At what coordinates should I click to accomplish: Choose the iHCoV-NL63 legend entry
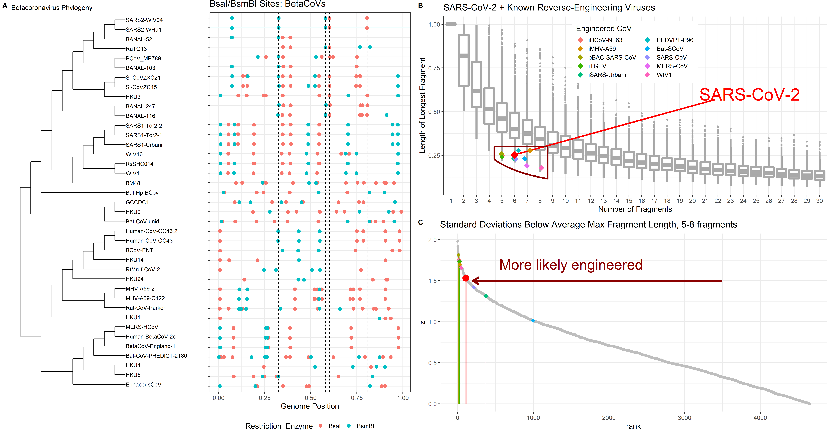[x=605, y=40]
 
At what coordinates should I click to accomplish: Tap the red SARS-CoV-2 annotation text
[x=749, y=95]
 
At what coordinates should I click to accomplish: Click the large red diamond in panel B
[x=514, y=155]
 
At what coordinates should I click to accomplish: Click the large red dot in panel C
[x=465, y=278]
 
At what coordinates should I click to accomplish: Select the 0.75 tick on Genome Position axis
[x=357, y=398]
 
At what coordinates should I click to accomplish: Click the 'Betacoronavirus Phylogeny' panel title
[x=52, y=8]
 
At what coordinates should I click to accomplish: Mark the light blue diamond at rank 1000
[x=533, y=321]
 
